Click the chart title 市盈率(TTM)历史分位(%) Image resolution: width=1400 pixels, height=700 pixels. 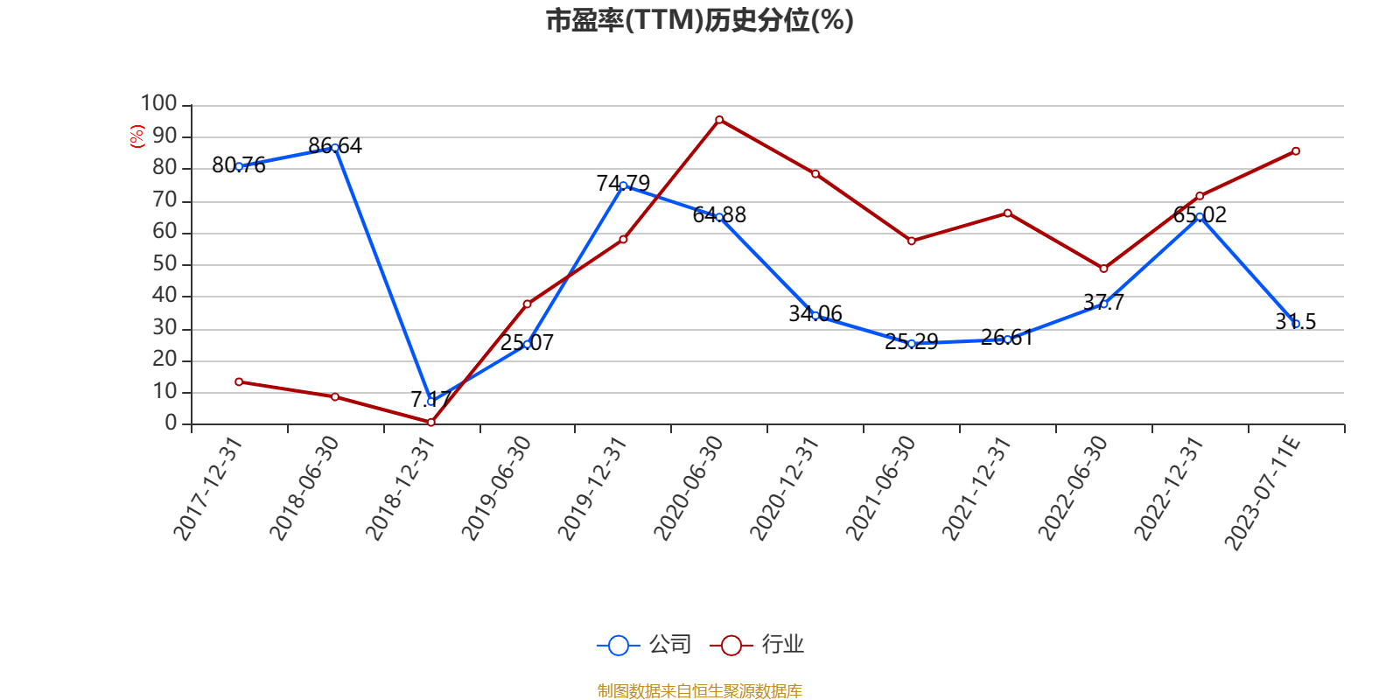pyautogui.click(x=699, y=20)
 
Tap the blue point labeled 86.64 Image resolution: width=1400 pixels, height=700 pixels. pyautogui.click(x=334, y=148)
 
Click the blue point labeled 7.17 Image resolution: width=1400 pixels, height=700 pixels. pyautogui.click(x=430, y=401)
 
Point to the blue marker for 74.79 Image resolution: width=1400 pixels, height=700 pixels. pyautogui.click(x=623, y=185)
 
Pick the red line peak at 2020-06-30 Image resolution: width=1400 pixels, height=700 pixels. pyautogui.click(x=719, y=119)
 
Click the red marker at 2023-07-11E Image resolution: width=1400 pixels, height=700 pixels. pyautogui.click(x=1296, y=151)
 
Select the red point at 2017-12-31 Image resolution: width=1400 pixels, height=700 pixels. pyautogui.click(x=239, y=381)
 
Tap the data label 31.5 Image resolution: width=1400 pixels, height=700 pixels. pyautogui.click(x=1296, y=321)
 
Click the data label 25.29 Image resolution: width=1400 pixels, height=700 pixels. pyautogui.click(x=911, y=341)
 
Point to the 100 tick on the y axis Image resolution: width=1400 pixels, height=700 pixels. pyautogui.click(x=159, y=104)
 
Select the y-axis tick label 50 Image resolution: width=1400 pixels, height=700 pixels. pyautogui.click(x=164, y=264)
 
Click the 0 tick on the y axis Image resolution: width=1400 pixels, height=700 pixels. pyautogui.click(x=171, y=423)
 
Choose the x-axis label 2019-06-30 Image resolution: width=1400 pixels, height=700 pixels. pyautogui.click(x=496, y=488)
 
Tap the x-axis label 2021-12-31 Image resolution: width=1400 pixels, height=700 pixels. pyautogui.click(x=976, y=488)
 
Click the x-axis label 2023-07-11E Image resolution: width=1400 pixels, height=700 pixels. pyautogui.click(x=1263, y=493)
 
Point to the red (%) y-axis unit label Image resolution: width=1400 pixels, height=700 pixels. pyautogui.click(x=136, y=136)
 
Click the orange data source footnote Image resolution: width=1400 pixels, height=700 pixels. pyautogui.click(x=699, y=691)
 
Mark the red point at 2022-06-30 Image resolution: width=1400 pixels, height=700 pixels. pyautogui.click(x=1103, y=269)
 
